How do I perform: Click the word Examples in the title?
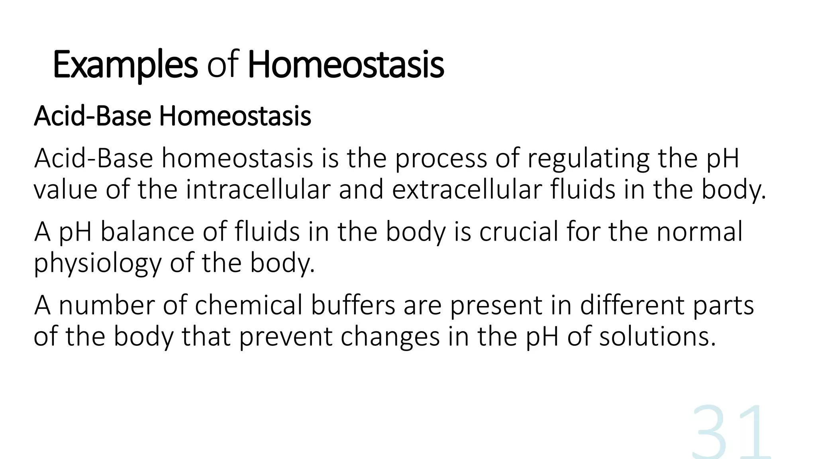125,65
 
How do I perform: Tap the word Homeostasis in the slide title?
345,65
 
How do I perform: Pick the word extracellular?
467,190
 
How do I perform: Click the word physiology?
98,263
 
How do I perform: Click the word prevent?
286,337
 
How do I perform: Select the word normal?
699,232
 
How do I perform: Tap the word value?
65,190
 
